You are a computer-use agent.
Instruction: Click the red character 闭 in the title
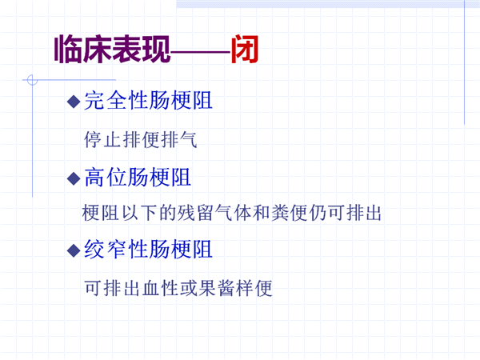pos(245,49)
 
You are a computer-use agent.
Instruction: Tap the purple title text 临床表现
pos(112,49)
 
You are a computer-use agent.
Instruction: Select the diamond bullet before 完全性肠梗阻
pos(74,102)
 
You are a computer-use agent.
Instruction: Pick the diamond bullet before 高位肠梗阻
pos(74,178)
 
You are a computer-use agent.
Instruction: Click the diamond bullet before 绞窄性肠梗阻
pos(74,250)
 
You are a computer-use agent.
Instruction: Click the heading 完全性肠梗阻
pos(148,101)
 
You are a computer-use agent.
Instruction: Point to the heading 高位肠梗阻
pos(138,178)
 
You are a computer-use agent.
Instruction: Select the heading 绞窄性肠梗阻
pos(148,249)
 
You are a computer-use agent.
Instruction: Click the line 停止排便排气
pos(141,139)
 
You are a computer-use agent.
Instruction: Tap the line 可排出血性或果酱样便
pos(178,288)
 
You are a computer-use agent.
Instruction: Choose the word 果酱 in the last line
pos(217,288)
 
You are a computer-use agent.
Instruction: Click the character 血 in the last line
pos(150,288)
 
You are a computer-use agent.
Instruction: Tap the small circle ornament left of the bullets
pos(32,80)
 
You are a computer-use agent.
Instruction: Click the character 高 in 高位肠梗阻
pos(94,178)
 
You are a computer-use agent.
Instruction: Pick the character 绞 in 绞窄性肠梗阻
pos(94,249)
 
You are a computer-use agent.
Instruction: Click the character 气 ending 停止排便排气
pos(188,139)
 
